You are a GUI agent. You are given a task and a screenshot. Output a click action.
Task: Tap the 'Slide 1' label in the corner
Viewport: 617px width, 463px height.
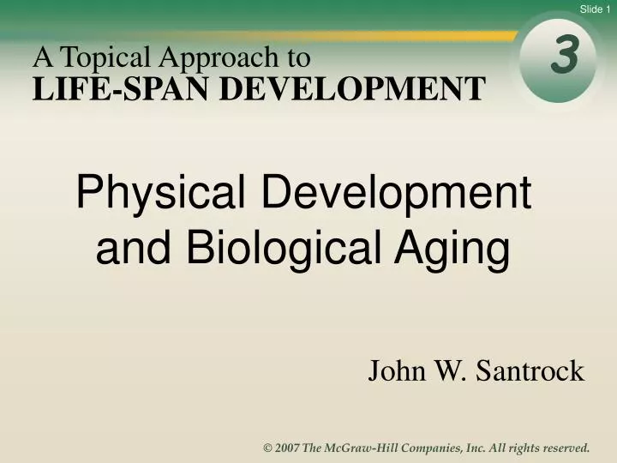pyautogui.click(x=596, y=9)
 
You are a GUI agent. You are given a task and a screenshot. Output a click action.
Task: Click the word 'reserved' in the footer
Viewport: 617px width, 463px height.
pyautogui.click(x=560, y=448)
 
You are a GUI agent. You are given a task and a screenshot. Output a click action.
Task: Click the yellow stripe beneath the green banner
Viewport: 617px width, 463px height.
pyautogui.click(x=343, y=36)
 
